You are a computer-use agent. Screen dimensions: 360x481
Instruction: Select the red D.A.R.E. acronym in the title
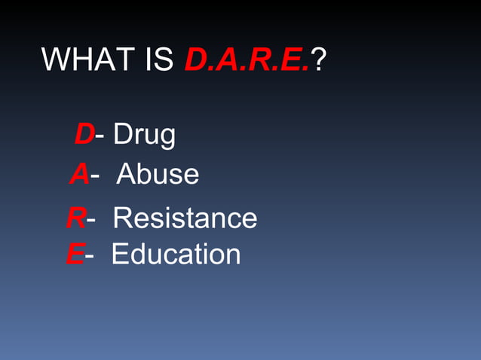click(247, 59)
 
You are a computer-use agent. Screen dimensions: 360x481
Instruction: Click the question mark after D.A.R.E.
click(319, 59)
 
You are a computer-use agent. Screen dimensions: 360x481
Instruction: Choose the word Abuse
click(158, 175)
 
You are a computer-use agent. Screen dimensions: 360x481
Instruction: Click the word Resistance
click(185, 218)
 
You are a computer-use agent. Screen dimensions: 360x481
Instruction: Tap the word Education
click(176, 255)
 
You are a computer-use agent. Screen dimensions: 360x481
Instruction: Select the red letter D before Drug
click(84, 135)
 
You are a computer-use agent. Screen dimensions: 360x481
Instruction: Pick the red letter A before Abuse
click(80, 174)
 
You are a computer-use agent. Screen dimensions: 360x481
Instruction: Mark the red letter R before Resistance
click(75, 218)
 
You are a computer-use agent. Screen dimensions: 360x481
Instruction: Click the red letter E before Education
click(75, 255)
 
